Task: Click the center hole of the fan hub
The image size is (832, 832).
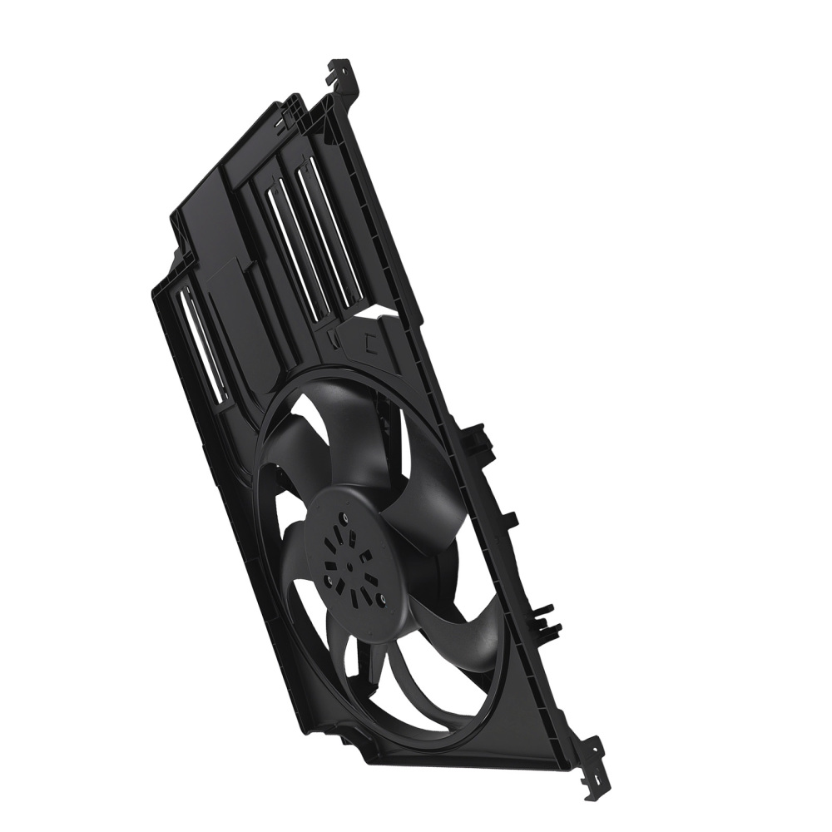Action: point(350,567)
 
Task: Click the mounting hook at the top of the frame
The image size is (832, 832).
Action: point(340,71)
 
